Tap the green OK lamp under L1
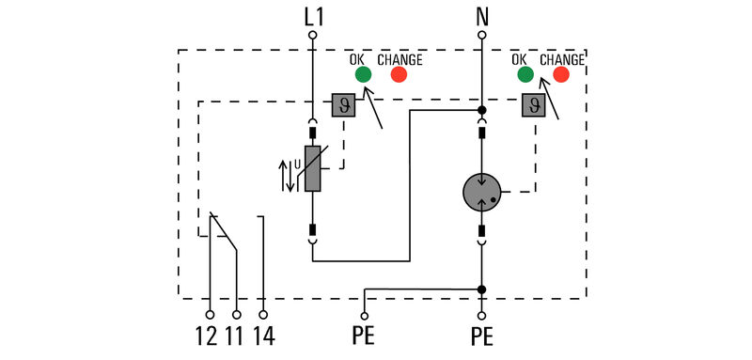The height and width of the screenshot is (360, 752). point(360,75)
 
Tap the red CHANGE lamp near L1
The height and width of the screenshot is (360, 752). point(399,75)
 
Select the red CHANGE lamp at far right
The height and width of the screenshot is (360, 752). point(563,75)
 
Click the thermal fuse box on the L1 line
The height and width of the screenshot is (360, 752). point(342,104)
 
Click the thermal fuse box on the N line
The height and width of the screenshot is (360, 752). point(534,105)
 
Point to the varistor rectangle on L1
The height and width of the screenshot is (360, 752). point(313,169)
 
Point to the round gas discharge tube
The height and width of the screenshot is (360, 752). point(483,193)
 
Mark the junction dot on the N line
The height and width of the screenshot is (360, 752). point(482,110)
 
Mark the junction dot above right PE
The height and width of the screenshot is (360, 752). point(482,289)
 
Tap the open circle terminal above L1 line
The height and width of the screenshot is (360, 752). point(313,35)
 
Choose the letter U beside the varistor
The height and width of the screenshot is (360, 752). point(297,165)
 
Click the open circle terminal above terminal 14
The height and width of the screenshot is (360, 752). point(263,315)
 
